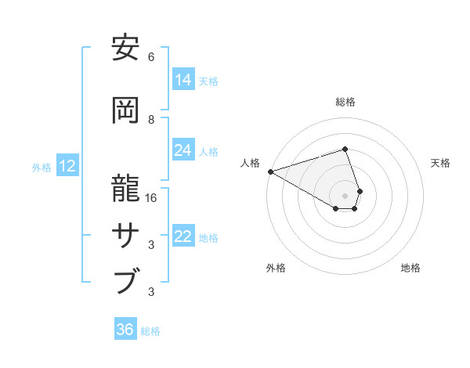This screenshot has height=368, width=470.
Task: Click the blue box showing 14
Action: (x=183, y=80)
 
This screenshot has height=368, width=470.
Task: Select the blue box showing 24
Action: (x=183, y=150)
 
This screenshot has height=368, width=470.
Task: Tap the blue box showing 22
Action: (x=183, y=236)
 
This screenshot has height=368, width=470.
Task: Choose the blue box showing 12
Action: (x=67, y=166)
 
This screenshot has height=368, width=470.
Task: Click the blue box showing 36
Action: (x=125, y=330)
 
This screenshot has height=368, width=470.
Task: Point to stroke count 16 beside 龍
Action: (x=152, y=198)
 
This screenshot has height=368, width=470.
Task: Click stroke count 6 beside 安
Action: (x=151, y=57)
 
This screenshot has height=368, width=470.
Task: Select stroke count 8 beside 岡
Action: (x=151, y=120)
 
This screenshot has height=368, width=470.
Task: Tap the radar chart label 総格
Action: (x=345, y=102)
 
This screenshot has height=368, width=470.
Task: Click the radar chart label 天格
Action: (x=440, y=163)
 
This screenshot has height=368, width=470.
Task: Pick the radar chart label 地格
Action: (x=410, y=268)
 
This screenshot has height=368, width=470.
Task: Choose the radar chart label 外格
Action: (x=276, y=268)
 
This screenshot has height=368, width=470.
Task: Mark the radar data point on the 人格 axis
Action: (x=270, y=171)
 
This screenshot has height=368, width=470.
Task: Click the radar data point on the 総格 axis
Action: (x=345, y=149)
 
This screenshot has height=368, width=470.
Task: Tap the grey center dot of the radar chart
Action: (x=345, y=195)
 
